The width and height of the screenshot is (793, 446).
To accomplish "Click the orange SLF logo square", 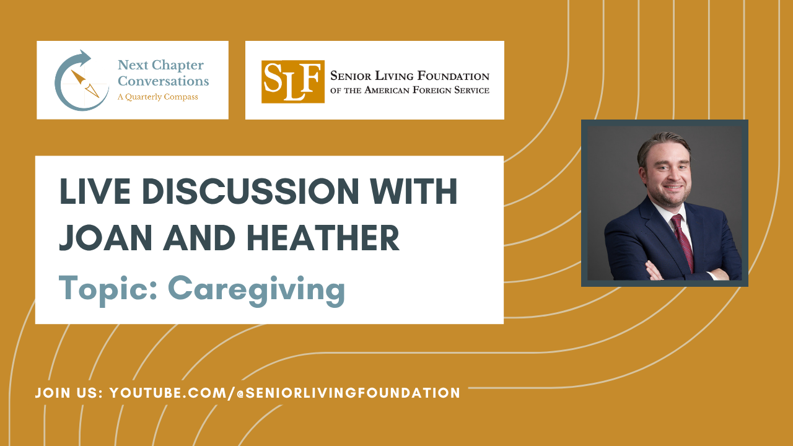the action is [x=293, y=82].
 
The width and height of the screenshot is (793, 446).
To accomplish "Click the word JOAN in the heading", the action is [x=105, y=238].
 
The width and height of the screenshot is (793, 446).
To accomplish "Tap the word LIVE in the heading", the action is [x=95, y=191].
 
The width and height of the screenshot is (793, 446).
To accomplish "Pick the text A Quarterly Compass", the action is [x=158, y=97].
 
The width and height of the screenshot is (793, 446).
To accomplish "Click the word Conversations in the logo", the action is [x=163, y=81].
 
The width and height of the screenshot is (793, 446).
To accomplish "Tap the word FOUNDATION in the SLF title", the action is [x=453, y=76].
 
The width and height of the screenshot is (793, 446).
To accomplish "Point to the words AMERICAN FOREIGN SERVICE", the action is [x=427, y=90].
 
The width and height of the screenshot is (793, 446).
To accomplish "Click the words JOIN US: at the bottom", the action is [x=69, y=393].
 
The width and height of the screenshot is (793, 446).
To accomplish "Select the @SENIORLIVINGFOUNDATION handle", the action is [x=348, y=393].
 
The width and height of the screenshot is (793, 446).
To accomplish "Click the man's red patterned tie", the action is [x=683, y=243].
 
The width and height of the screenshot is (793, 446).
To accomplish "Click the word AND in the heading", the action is [x=199, y=238].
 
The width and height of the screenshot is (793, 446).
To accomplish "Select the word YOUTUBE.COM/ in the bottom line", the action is [x=172, y=393].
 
